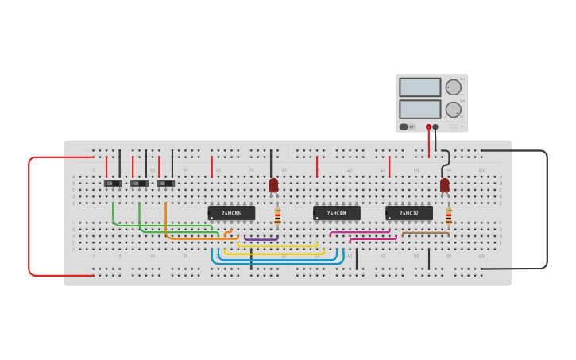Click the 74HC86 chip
tap(231, 213)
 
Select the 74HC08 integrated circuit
tap(336, 213)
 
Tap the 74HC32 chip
tap(409, 213)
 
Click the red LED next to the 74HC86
tap(273, 185)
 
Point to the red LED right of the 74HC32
tap(444, 185)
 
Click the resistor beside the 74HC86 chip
tap(277, 217)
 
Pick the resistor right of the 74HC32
tap(448, 217)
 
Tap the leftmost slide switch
tap(113, 184)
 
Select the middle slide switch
tap(139, 184)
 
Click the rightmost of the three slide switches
tap(165, 184)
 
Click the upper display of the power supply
tap(419, 87)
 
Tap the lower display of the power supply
tap(419, 109)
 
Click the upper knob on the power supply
tap(453, 87)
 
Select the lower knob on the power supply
tap(453, 110)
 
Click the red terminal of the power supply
tap(428, 126)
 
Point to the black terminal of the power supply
tap(435, 126)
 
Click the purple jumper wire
tap(261, 239)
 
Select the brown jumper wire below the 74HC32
tap(425, 233)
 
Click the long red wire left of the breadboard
tap(29, 215)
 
